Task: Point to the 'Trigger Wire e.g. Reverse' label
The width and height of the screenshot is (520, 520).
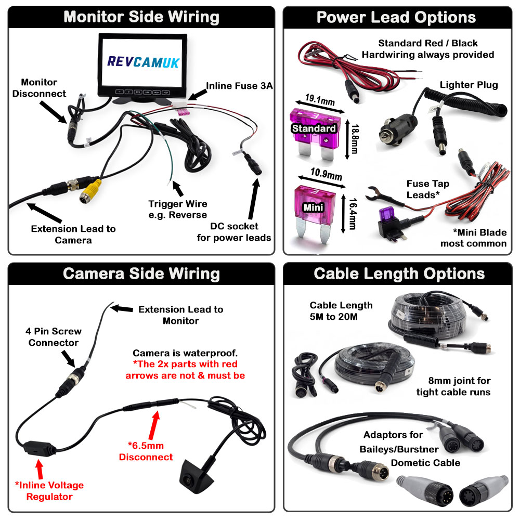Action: point(177,209)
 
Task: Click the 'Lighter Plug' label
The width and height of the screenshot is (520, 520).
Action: point(469,85)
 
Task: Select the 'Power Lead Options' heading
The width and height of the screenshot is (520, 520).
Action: point(396,17)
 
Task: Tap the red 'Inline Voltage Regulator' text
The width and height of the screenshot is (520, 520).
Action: point(49,490)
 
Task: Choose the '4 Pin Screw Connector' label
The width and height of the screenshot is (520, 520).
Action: point(54,337)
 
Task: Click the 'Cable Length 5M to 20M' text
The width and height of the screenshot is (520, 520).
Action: point(341,310)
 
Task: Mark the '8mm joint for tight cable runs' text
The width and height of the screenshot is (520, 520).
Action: point(453,386)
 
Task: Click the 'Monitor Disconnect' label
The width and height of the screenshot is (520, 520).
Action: point(40,88)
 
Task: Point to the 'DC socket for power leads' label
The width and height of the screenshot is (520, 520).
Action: point(234,232)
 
